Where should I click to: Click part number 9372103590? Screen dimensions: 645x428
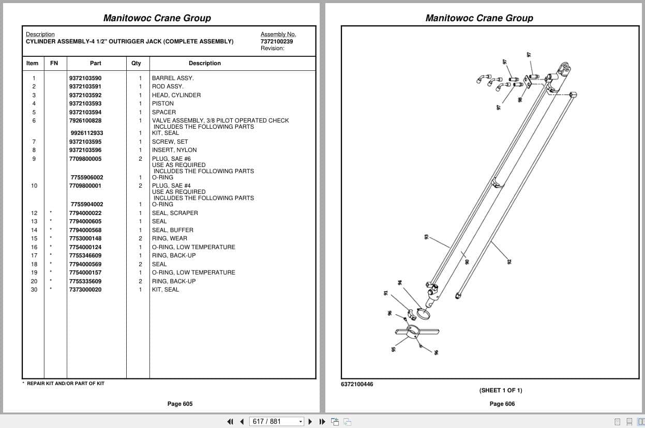pos(85,78)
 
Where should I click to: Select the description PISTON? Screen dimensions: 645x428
pos(163,103)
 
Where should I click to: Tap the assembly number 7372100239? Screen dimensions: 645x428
pos(277,41)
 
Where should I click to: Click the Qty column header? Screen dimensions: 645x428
pos(136,63)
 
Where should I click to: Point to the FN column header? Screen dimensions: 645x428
pos(54,63)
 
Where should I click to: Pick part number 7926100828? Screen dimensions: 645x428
pos(85,120)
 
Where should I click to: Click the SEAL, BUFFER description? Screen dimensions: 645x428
pos(172,230)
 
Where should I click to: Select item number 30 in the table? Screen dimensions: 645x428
pos(34,289)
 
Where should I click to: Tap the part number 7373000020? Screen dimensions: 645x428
pos(85,289)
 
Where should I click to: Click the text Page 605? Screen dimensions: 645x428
pos(180,404)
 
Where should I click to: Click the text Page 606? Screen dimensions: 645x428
pos(502,404)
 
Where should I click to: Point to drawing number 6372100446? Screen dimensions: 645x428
pos(357,384)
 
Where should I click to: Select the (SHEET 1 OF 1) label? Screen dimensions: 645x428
pos(501,390)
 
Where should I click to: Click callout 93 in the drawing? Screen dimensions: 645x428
pos(426,237)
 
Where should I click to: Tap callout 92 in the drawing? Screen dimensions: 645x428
pos(509,262)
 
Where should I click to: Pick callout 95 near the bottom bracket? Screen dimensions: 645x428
pos(394,349)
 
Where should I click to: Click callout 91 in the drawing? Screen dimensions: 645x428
pos(386,293)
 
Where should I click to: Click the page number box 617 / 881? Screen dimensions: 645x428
pos(276,422)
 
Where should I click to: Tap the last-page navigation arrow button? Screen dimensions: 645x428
pos(322,422)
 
